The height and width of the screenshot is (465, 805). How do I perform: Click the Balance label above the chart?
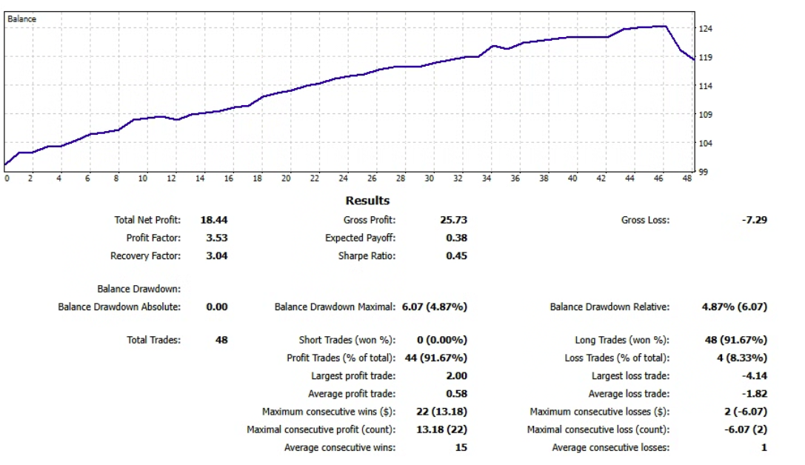(x=21, y=19)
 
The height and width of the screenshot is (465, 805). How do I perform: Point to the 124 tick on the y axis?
(x=706, y=29)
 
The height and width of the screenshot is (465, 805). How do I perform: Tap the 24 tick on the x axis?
(x=343, y=178)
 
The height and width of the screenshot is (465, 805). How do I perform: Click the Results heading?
(x=367, y=201)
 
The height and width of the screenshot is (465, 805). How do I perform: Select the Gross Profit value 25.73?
(x=453, y=220)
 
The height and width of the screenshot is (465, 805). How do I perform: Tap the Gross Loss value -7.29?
(x=753, y=220)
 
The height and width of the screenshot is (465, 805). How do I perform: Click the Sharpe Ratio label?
(x=367, y=256)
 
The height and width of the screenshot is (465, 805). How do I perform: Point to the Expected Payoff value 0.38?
(x=456, y=238)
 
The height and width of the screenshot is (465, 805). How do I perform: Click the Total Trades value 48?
(x=220, y=340)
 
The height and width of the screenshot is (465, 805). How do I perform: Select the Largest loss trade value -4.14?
(x=753, y=376)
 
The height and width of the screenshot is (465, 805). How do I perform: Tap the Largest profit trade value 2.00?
(x=456, y=376)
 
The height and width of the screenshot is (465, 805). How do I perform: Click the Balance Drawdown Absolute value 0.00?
(x=216, y=307)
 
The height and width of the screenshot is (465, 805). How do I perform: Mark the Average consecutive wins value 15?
(x=461, y=447)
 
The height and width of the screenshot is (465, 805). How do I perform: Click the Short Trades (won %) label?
(x=347, y=340)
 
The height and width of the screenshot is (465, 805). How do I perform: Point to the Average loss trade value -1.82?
(x=753, y=394)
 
